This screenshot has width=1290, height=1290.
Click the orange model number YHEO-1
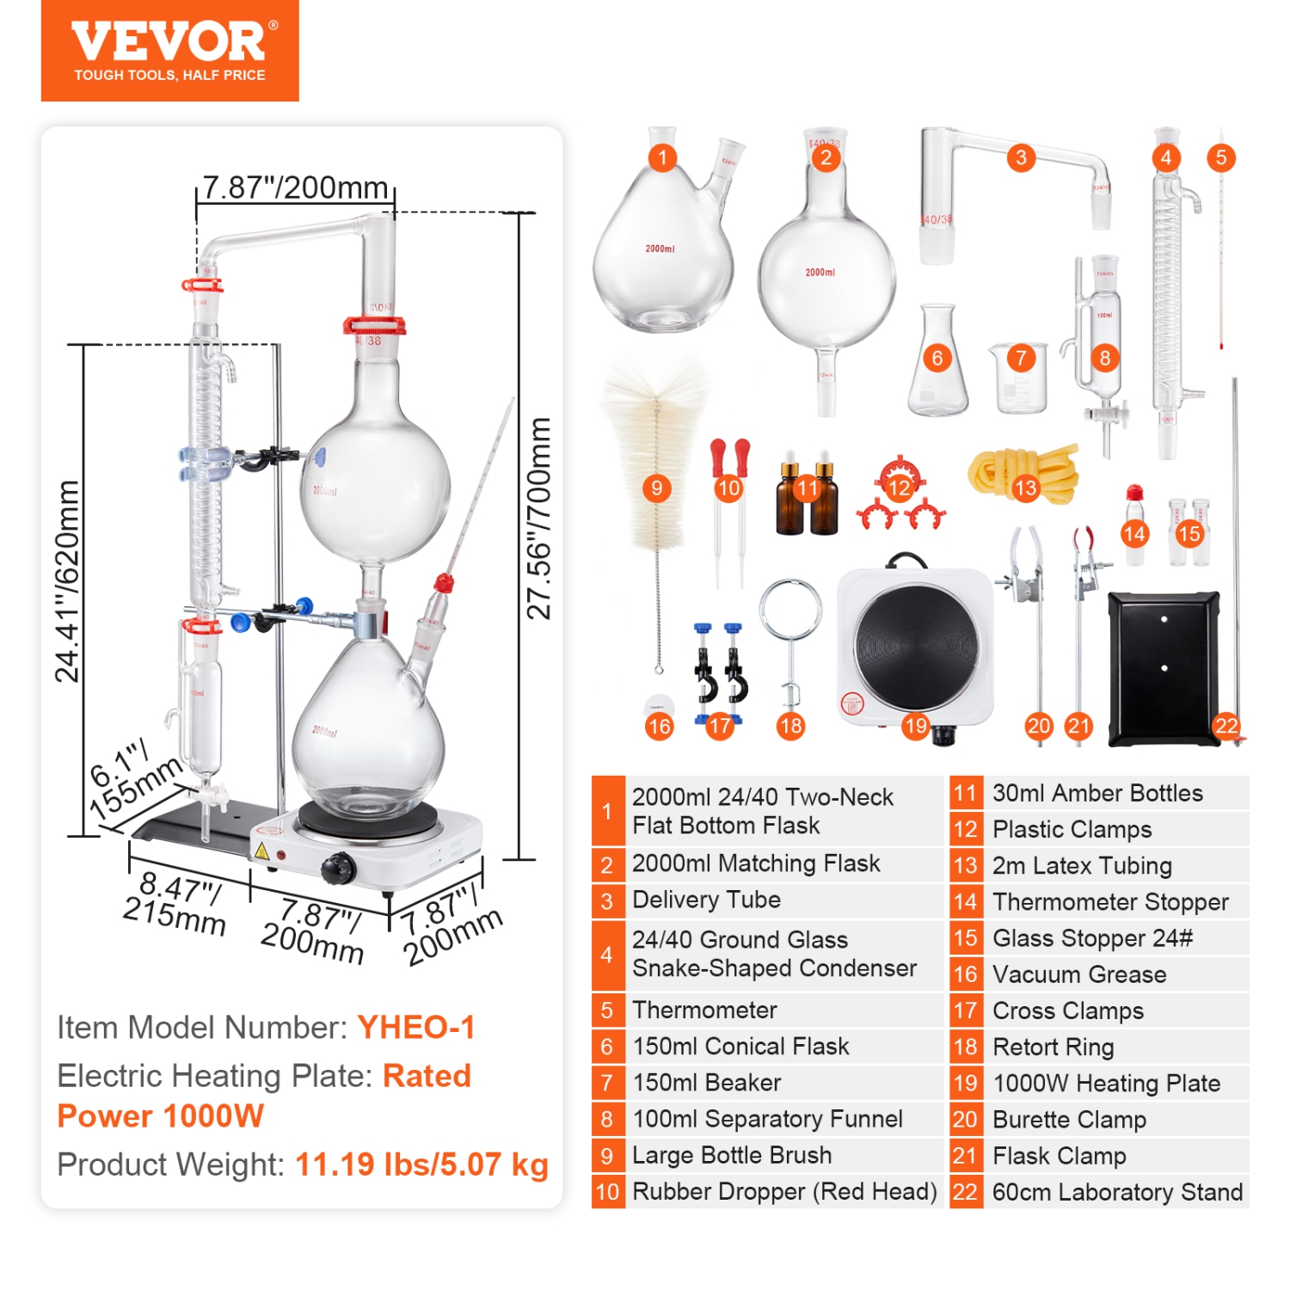click(x=416, y=1027)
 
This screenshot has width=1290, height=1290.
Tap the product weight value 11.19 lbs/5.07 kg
click(x=421, y=1164)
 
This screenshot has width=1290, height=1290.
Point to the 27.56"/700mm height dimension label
click(x=539, y=519)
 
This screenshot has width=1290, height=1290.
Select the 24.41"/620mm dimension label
click(x=67, y=581)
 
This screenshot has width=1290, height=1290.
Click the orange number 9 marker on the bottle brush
click(x=656, y=488)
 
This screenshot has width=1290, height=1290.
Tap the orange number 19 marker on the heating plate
click(x=916, y=726)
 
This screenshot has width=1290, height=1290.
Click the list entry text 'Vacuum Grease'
click(x=1079, y=974)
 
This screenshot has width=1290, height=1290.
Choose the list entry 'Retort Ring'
click(x=1053, y=1047)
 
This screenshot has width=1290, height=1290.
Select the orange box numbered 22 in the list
click(x=965, y=1192)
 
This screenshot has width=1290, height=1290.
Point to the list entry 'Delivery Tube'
click(x=706, y=900)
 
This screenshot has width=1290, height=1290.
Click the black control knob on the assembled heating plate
click(x=338, y=869)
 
